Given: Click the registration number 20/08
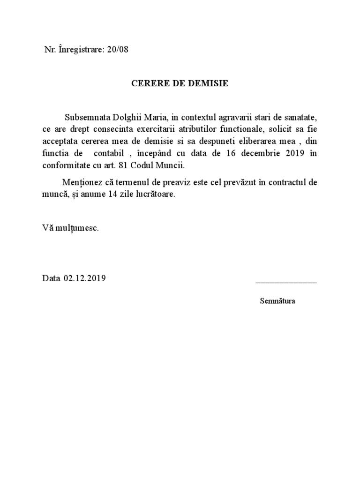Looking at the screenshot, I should (117, 50).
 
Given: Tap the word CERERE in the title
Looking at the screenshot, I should (147, 84).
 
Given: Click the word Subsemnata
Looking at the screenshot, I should (86, 116).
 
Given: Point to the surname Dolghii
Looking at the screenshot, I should (123, 116).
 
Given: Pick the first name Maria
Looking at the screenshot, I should (152, 116).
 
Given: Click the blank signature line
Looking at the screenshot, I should (285, 282).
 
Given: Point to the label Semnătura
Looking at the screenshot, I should (277, 301).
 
